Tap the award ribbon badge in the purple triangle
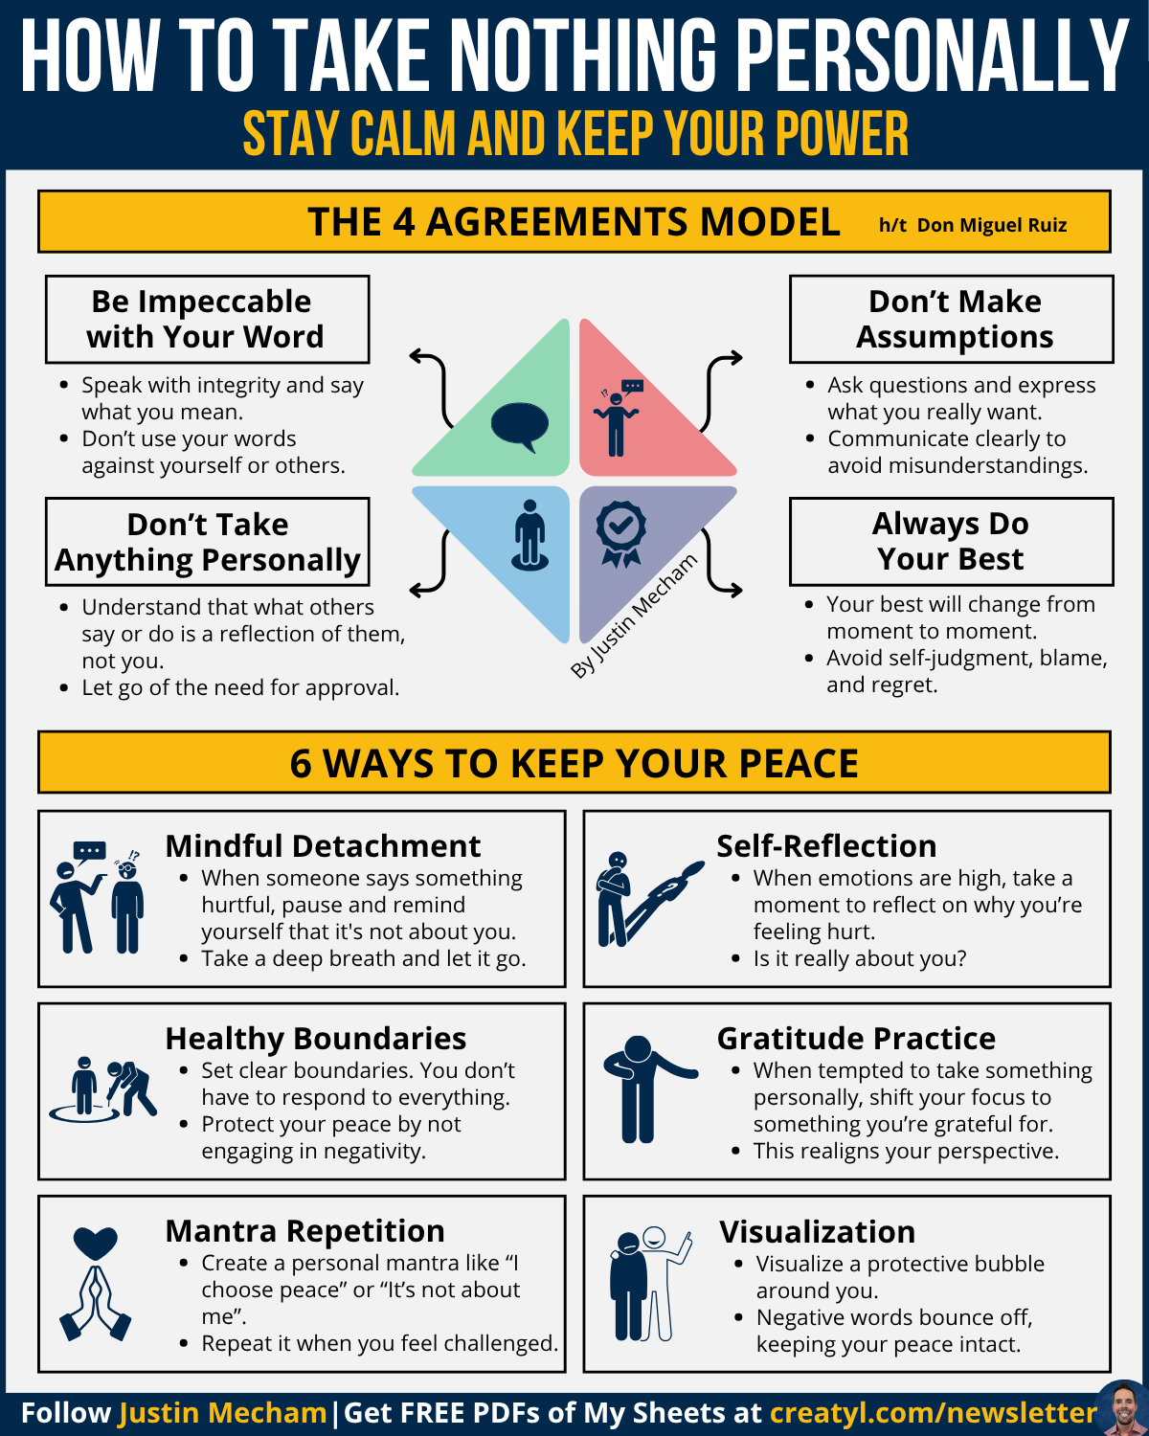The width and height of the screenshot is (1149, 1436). (x=620, y=532)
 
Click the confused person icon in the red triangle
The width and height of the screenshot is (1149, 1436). (x=619, y=417)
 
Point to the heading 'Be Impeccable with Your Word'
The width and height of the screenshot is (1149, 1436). (x=206, y=319)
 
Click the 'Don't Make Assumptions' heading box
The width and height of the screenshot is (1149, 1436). (x=953, y=319)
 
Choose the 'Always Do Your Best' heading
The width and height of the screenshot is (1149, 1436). (x=951, y=541)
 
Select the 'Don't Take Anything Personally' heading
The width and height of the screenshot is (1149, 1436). (x=207, y=542)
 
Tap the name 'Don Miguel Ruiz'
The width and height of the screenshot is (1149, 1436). (x=991, y=225)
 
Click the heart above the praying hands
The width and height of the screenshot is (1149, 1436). (x=95, y=1243)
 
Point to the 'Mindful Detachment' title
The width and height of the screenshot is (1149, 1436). (x=323, y=846)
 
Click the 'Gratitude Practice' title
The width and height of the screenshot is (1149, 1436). (x=856, y=1039)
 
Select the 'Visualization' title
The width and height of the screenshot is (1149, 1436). (x=817, y=1231)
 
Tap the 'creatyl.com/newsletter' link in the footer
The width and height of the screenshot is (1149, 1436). (x=934, y=1413)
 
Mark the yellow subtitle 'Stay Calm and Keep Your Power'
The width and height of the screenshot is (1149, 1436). (x=575, y=133)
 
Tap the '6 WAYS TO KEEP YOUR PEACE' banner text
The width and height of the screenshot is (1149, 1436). (x=574, y=763)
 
